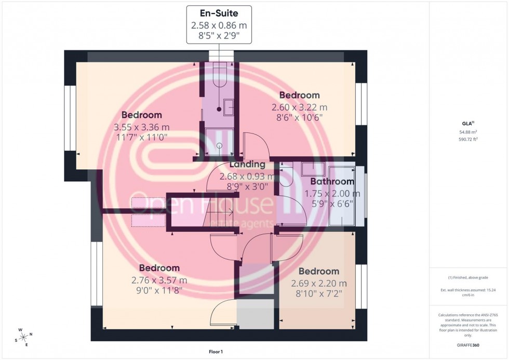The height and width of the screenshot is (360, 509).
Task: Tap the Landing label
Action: click(x=247, y=165)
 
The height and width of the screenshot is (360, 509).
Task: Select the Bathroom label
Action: click(x=332, y=182)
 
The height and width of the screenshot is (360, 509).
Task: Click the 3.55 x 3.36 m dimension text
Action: click(x=141, y=127)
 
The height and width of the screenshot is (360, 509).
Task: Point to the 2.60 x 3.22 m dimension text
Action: click(x=299, y=108)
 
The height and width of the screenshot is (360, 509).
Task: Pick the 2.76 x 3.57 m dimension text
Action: click(x=159, y=280)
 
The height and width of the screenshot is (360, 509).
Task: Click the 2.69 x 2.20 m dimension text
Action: click(x=318, y=283)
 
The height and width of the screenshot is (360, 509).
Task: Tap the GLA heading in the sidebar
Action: click(x=467, y=124)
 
